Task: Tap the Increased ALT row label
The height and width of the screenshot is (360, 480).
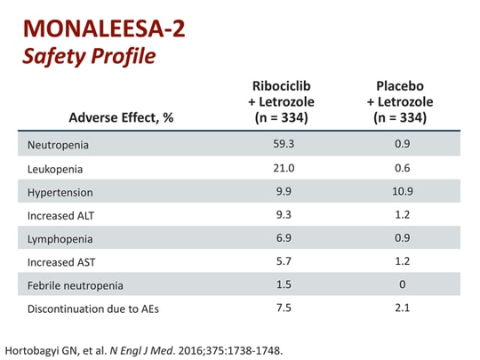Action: (62, 214)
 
